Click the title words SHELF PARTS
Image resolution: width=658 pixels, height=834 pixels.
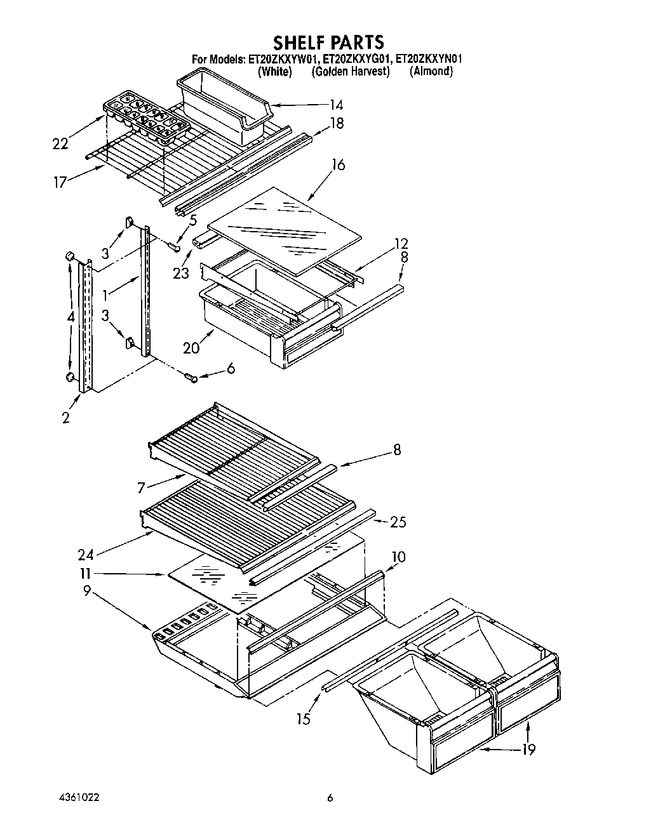pos(328,42)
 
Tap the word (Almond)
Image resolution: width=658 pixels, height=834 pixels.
pos(431,72)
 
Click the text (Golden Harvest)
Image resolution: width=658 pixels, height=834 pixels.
pos(350,72)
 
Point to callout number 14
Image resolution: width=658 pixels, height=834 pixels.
pos(337,105)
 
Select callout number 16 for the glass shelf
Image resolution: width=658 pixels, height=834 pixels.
pos(338,166)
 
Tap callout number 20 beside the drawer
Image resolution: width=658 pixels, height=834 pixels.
pos(191,347)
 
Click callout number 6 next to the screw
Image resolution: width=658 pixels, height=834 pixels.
pos(230,368)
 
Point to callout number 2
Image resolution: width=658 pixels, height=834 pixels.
pos(66,418)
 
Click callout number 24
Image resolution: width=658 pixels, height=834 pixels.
pos(86,555)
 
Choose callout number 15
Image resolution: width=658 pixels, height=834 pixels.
pos(304,718)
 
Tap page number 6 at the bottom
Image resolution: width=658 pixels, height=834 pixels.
pos(330,798)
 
